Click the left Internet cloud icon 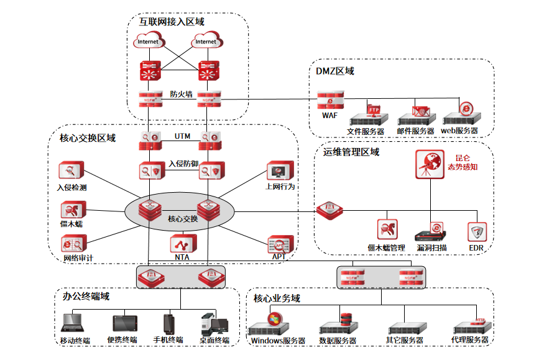(148, 42)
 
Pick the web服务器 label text (459, 131)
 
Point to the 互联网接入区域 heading (172, 21)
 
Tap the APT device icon (277, 243)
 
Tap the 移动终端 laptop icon (73, 324)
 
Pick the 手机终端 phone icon (168, 323)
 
